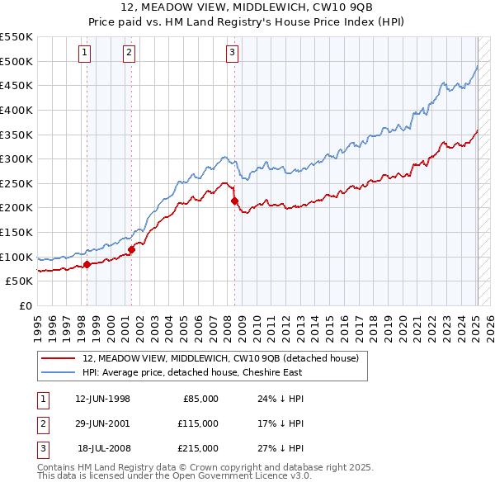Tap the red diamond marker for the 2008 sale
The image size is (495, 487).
click(x=235, y=201)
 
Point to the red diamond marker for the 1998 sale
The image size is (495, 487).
click(x=87, y=264)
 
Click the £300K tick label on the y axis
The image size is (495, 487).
click(x=16, y=158)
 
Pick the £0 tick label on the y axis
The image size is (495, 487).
click(x=26, y=305)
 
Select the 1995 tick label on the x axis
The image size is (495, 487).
click(x=38, y=325)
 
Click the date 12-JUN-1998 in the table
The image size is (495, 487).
click(x=102, y=399)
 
